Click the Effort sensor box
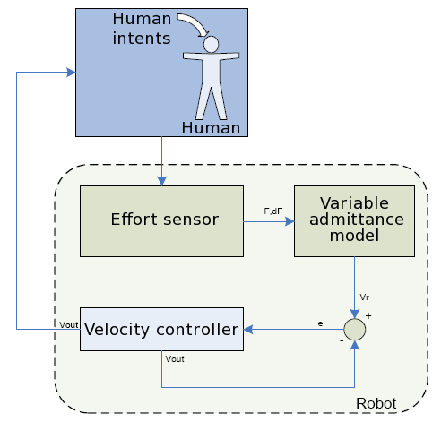(161, 219)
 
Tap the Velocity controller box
(161, 330)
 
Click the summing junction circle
(356, 330)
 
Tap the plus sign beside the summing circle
(367, 315)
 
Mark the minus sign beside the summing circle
(341, 341)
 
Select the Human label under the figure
(211, 128)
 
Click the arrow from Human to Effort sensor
(161, 161)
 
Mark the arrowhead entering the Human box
(72, 73)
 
